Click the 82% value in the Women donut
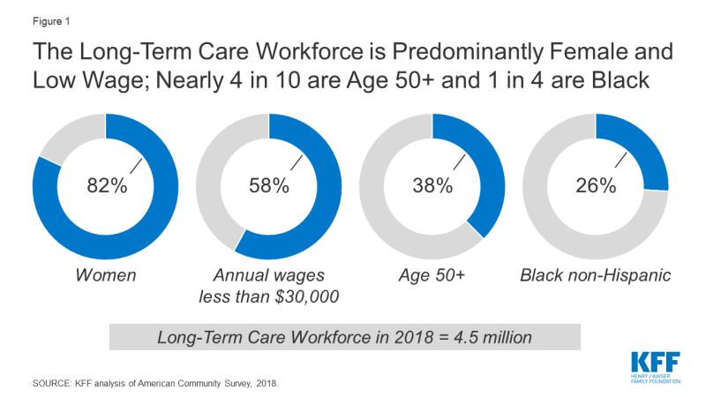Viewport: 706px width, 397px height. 105,185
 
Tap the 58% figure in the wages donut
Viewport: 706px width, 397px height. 268,185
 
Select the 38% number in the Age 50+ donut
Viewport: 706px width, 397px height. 432,185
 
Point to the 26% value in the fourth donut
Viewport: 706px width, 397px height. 596,185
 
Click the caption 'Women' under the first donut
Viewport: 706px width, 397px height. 106,275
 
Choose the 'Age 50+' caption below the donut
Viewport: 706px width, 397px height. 432,275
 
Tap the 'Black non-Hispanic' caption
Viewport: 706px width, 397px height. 597,275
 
